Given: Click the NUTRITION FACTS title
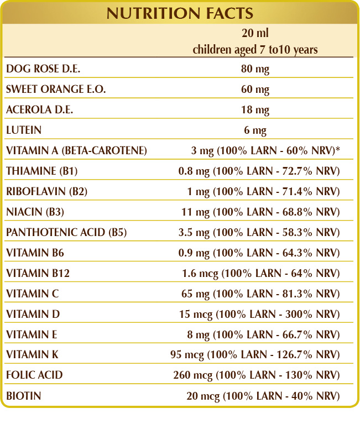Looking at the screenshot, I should (x=180, y=13).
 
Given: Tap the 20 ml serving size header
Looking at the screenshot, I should (x=255, y=34).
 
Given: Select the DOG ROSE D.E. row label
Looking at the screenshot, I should (x=39, y=69).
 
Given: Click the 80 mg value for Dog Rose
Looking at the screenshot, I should (x=255, y=69).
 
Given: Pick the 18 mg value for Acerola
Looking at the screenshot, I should (x=255, y=110).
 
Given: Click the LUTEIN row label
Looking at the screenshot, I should (x=24, y=130).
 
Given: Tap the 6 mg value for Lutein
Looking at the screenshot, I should (x=255, y=130).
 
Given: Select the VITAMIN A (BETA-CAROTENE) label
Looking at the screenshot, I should (x=76, y=151).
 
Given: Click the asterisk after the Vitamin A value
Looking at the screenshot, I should (x=337, y=150).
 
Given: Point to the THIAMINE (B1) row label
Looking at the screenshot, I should (x=41, y=171).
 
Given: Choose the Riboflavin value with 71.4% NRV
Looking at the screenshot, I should (x=263, y=192).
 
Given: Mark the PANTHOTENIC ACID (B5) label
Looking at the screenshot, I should (x=66, y=233).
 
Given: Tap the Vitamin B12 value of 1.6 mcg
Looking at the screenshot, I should (x=260, y=273).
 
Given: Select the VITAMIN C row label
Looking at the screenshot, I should (x=32, y=294).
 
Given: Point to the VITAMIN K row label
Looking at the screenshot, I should (x=32, y=355).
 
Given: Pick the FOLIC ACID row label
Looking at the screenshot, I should (x=34, y=375).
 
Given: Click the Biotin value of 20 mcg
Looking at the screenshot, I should (x=262, y=396).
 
